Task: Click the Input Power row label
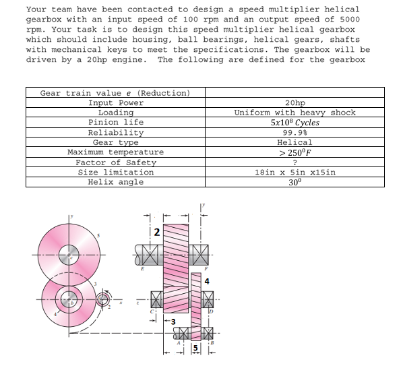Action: pyautogui.click(x=116, y=102)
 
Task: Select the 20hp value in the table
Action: pyautogui.click(x=294, y=102)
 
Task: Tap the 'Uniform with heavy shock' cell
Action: pyautogui.click(x=294, y=113)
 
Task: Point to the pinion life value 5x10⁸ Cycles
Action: pyautogui.click(x=294, y=123)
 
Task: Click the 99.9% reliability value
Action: pyautogui.click(x=294, y=133)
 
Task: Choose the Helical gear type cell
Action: pyautogui.click(x=294, y=142)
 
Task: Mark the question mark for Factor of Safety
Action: pyautogui.click(x=294, y=162)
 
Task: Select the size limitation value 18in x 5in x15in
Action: pyautogui.click(x=294, y=173)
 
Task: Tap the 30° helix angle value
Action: pyautogui.click(x=294, y=182)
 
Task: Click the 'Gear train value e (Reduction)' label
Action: pyautogui.click(x=115, y=93)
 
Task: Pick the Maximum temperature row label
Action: pyautogui.click(x=115, y=152)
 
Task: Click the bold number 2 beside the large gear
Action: pyautogui.click(x=156, y=233)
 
